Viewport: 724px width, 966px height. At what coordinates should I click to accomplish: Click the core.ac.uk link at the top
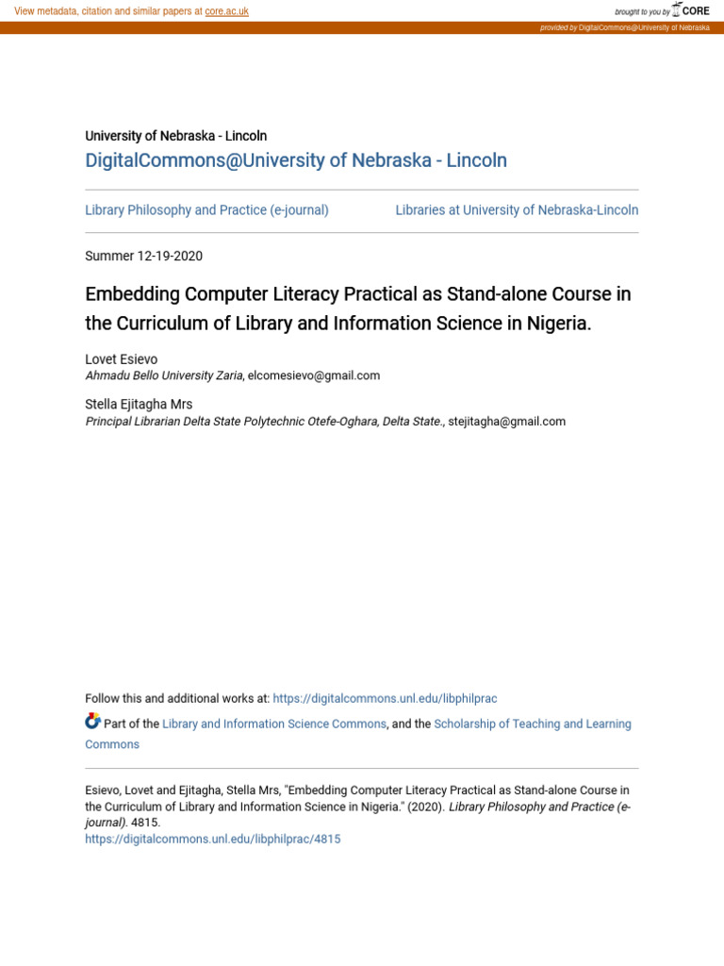(x=226, y=11)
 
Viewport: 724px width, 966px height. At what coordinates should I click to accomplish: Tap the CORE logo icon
(x=677, y=10)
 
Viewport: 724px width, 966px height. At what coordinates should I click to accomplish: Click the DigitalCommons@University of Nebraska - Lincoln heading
(x=296, y=160)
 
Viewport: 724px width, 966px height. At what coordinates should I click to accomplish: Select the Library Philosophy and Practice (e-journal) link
(x=206, y=210)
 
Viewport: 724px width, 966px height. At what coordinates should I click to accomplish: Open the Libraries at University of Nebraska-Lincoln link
(x=517, y=210)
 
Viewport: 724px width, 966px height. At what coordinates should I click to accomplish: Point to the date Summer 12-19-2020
(x=143, y=256)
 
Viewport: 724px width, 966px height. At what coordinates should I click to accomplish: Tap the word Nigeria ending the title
(x=557, y=324)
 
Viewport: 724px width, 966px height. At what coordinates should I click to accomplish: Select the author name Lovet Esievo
(x=122, y=359)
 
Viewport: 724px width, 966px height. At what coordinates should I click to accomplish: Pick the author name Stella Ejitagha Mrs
(x=139, y=405)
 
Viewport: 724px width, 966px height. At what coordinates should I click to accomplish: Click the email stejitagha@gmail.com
(x=507, y=422)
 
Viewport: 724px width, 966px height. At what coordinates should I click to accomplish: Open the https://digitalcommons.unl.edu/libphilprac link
(x=385, y=699)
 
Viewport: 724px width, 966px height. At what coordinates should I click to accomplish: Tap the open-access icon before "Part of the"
(x=92, y=722)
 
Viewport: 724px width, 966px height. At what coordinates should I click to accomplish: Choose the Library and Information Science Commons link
(x=274, y=724)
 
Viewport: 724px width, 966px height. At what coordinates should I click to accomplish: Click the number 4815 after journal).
(x=145, y=823)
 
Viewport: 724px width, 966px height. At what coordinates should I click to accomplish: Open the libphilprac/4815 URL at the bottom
(x=213, y=839)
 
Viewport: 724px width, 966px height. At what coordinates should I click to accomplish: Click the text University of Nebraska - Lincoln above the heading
(x=176, y=136)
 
